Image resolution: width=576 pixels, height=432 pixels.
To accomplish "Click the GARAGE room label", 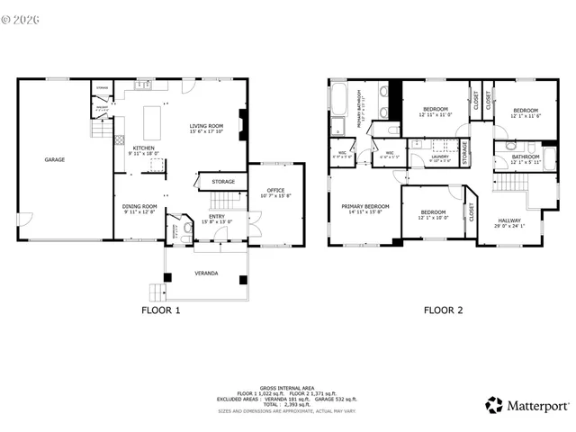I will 55,159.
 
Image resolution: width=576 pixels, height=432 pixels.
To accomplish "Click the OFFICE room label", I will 275,190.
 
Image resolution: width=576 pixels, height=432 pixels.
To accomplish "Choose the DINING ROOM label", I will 139,206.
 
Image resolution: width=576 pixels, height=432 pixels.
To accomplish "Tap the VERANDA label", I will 206,273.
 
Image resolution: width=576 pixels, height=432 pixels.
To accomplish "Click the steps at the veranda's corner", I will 155,292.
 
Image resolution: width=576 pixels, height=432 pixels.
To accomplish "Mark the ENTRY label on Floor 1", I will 217,217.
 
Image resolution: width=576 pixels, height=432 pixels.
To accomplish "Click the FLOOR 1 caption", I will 161,310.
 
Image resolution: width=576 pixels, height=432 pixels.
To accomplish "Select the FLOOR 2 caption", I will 443,310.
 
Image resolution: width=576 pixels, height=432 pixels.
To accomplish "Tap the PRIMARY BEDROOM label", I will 364,206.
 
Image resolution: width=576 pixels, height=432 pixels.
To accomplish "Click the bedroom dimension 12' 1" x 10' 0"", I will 433,218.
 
